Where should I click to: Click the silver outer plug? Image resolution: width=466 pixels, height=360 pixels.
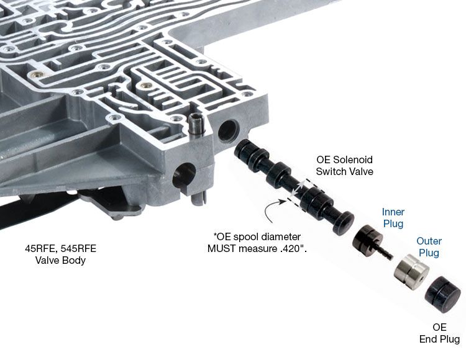411,271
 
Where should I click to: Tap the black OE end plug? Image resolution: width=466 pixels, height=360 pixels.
443,294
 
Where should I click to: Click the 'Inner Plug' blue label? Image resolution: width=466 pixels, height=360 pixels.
393,218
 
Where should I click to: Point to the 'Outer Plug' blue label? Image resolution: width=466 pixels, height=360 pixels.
429,247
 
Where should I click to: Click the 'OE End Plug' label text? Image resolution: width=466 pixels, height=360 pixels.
439,333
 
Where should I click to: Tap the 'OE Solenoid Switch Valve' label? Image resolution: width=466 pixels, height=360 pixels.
344,165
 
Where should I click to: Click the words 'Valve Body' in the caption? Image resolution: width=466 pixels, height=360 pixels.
60,260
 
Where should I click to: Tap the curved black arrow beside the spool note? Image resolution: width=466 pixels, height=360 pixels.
272,210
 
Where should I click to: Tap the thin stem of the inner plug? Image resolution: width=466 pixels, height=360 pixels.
385,253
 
